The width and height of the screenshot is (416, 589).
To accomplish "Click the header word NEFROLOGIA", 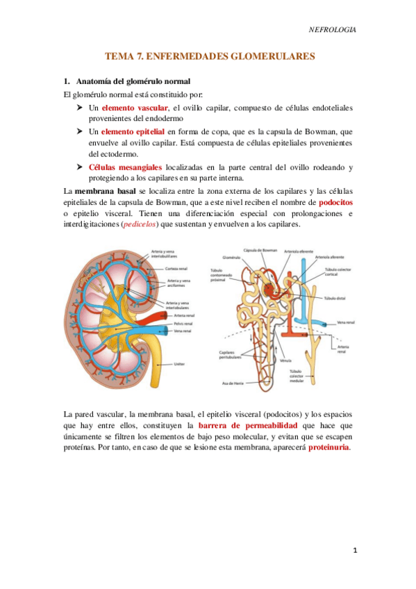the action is pyautogui.click(x=332, y=30).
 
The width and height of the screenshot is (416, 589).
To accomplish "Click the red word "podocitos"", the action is pyautogui.click(x=335, y=202).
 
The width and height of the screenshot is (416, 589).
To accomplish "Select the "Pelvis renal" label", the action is pyautogui.click(x=183, y=322).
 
